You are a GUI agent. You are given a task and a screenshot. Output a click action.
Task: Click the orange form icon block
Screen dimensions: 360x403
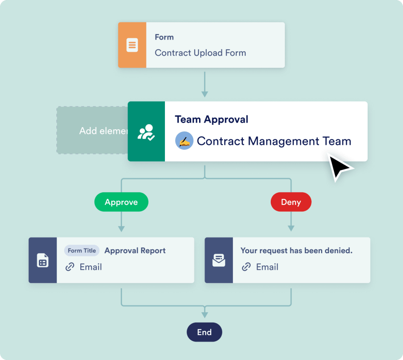(132, 45)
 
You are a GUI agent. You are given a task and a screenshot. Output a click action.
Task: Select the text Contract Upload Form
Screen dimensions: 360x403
(200, 53)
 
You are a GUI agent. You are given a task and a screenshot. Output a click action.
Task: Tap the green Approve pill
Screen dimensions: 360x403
(121, 202)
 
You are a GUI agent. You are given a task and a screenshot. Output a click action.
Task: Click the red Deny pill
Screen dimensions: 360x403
(291, 202)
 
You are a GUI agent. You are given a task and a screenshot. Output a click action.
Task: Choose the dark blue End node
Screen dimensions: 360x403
(204, 332)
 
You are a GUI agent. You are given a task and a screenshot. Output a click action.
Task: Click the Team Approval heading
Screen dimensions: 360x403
(211, 119)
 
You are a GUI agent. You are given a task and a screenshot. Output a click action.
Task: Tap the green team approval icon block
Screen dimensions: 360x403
(146, 132)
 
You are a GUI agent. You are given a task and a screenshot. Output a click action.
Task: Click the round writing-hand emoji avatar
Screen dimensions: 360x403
(184, 141)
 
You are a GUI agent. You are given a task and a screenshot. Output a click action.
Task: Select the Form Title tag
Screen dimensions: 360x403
(82, 251)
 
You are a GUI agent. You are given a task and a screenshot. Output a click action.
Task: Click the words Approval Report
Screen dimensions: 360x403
(135, 251)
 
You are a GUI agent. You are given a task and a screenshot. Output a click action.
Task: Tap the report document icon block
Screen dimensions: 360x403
(43, 260)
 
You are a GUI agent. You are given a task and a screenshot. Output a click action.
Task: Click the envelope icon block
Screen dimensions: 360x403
(219, 260)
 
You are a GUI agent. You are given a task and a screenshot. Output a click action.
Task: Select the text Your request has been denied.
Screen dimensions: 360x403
(296, 251)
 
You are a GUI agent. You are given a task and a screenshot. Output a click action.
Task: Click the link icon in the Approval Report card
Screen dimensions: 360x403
(70, 267)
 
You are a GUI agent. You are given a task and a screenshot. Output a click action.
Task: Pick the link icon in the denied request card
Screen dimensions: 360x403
(246, 267)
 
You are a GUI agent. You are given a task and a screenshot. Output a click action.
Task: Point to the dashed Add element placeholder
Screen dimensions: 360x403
(92, 130)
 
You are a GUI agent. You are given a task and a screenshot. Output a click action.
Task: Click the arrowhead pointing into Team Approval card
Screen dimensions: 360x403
(204, 94)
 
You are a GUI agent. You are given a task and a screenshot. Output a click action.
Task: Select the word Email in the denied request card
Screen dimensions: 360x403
(267, 267)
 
